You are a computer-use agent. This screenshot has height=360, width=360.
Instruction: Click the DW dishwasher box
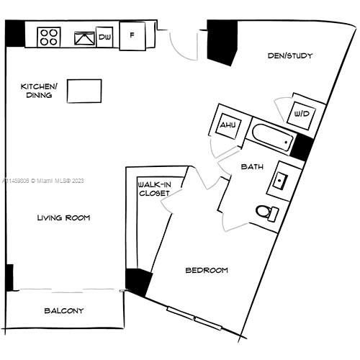pos(105,37)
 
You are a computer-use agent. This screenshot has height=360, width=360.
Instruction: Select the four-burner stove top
pos(48,36)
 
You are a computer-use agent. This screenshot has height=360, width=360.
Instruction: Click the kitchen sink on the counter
pos(85,37)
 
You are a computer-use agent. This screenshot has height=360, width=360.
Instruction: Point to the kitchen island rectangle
pos(84,91)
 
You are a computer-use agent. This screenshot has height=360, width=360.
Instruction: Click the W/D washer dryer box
pos(300,113)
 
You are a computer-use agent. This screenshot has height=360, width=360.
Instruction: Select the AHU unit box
pos(228,126)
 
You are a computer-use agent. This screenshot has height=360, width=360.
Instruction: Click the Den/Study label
pos(290,56)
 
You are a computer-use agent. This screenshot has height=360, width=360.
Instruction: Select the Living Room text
pos(65,217)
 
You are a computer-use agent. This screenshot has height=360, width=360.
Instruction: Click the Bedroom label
pos(207,270)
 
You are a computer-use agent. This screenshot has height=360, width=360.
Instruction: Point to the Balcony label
pos(64,311)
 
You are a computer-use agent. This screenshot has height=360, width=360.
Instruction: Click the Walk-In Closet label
pos(153,189)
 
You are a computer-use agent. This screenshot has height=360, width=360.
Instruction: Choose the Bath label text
pos(251,166)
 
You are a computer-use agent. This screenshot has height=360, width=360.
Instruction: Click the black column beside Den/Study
pos(222,42)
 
